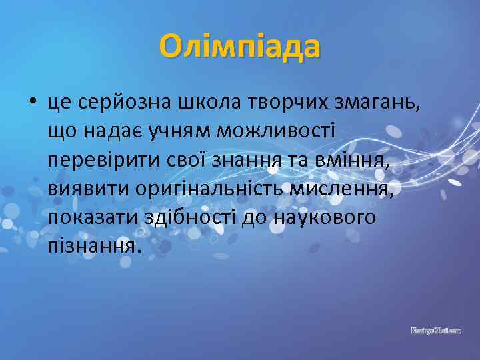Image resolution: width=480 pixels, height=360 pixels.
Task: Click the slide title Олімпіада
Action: click(x=240, y=47)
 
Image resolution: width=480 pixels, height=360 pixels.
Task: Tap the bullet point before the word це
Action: click(x=31, y=103)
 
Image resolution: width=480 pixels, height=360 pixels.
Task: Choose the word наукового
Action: click(x=325, y=218)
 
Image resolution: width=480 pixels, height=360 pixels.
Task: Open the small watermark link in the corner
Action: click(x=435, y=329)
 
